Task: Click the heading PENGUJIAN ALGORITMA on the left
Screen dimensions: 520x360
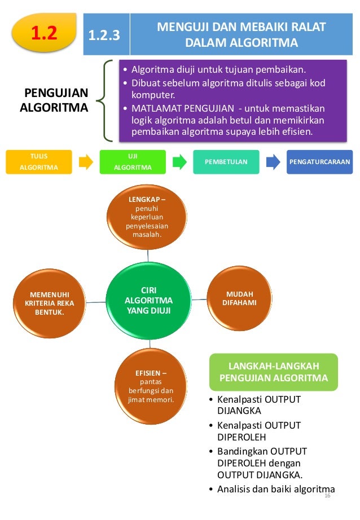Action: tap(54, 100)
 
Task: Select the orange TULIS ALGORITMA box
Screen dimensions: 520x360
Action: tap(39, 162)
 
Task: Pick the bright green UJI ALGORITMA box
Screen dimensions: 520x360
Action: tap(133, 162)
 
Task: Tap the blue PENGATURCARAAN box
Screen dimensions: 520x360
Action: tap(319, 162)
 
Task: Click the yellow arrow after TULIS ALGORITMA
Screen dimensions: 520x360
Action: tap(86, 162)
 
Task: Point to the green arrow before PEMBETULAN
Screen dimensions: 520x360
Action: tap(179, 162)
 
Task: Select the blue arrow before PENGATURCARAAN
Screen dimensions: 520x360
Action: tap(273, 162)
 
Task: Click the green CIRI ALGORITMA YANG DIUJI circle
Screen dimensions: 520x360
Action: tap(149, 301)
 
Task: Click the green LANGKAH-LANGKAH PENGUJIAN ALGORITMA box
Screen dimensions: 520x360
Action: tap(273, 372)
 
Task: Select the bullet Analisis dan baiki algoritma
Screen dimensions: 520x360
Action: tap(275, 489)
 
